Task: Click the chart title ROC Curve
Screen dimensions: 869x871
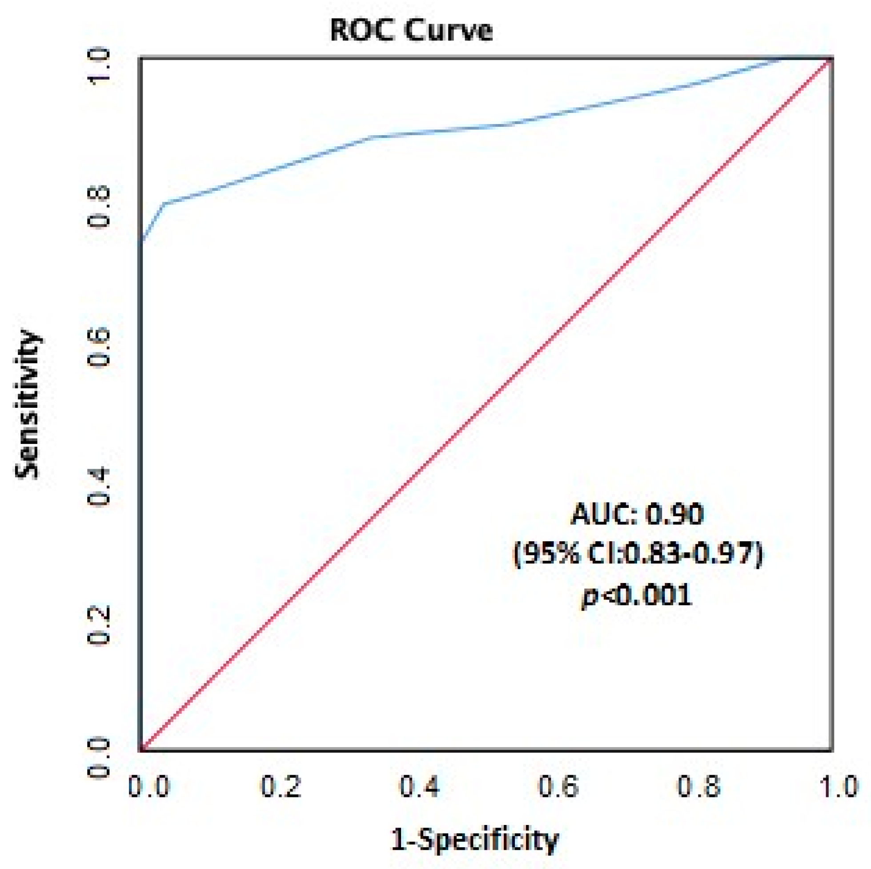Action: click(411, 31)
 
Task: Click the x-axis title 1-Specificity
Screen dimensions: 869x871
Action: click(475, 840)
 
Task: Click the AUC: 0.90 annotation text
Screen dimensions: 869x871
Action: click(637, 514)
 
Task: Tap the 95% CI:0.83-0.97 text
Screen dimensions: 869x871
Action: click(637, 553)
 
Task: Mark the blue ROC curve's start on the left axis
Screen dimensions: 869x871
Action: click(141, 241)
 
